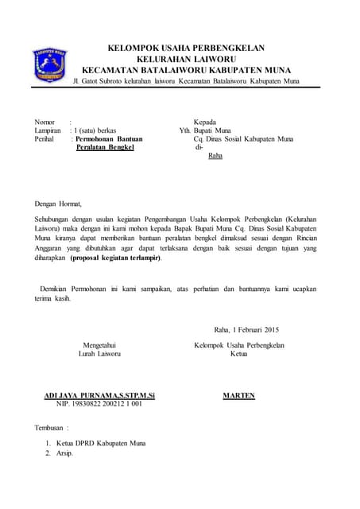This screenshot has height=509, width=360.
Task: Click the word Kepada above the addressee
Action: point(205,122)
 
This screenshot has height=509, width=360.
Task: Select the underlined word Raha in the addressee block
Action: point(215,156)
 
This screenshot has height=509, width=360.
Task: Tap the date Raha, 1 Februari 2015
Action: point(246,330)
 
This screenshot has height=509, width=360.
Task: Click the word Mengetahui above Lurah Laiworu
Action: point(100,345)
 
